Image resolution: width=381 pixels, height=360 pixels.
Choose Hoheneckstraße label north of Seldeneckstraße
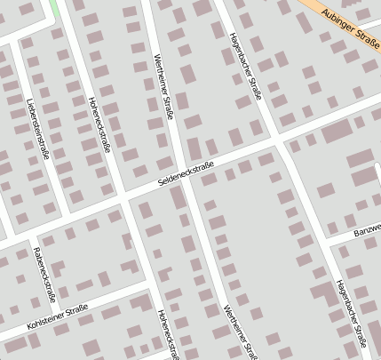pyautogui.click(x=98, y=124)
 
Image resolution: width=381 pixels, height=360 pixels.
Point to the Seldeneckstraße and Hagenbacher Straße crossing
pyautogui.click(x=281, y=141)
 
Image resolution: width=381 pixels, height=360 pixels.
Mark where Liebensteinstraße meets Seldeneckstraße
pyautogui.click(x=61, y=218)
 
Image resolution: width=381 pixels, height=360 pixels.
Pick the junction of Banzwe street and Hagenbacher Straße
pyautogui.click(x=326, y=242)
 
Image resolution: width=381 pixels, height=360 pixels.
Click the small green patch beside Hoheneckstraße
pyautogui.click(x=56, y=7)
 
